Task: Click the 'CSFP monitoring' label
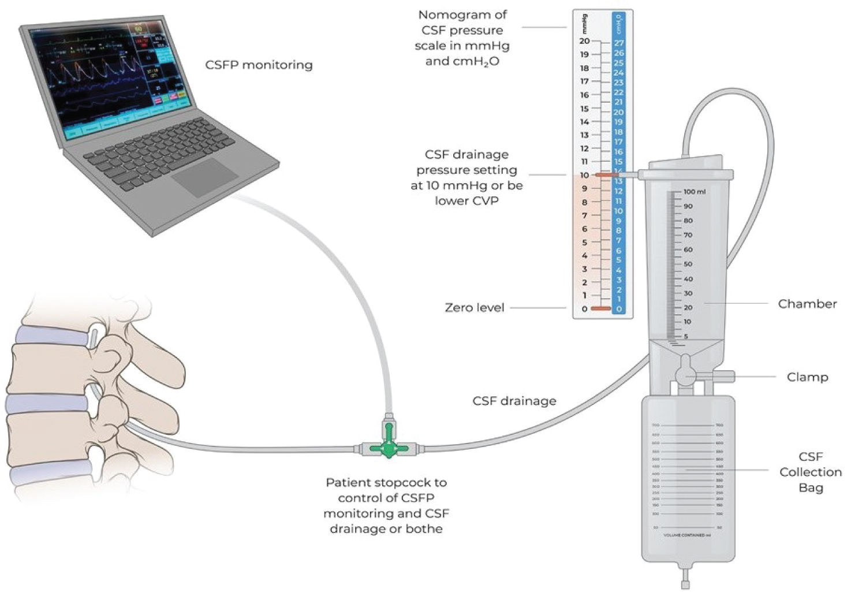pos(259,65)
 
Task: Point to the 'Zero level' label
pos(475,308)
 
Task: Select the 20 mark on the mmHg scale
pos(585,41)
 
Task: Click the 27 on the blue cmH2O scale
pos(618,43)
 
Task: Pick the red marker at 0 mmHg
pos(601,309)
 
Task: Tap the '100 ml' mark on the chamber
pos(694,192)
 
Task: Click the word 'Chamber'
pos(807,304)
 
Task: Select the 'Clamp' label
pos(807,377)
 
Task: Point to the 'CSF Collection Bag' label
pos(811,472)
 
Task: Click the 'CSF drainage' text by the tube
pos(514,401)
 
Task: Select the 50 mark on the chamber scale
pos(688,264)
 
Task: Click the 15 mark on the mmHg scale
pos(585,109)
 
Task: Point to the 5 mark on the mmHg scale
pos(585,243)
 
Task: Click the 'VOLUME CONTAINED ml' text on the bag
pos(687,535)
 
